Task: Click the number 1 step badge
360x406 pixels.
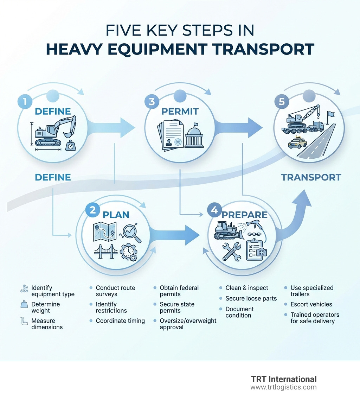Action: point(24,102)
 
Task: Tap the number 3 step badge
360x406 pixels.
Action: point(152,102)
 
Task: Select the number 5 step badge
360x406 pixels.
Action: point(281,102)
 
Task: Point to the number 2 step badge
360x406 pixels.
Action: point(92,210)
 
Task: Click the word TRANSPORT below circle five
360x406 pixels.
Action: point(311,177)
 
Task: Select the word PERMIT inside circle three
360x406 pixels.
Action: point(180,112)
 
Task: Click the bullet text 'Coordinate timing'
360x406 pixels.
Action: point(120,321)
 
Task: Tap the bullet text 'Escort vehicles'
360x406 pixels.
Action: point(311,304)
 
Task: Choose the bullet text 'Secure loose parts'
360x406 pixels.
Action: point(251,299)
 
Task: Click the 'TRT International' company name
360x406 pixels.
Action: point(284,379)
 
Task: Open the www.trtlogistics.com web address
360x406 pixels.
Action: point(283,387)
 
